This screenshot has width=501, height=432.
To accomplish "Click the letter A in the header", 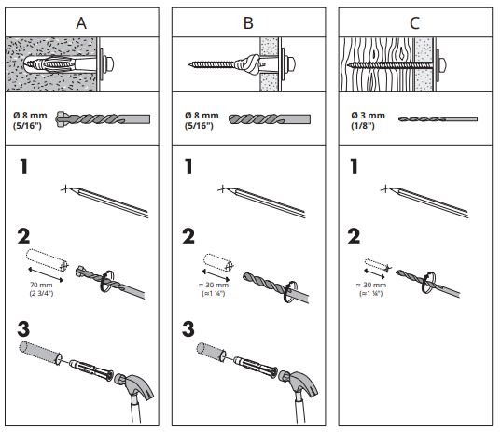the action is (81, 23).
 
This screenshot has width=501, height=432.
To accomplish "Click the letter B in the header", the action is (248, 23).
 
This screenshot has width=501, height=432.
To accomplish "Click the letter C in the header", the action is (414, 23).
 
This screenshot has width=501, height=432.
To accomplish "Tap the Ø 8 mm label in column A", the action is (30, 116).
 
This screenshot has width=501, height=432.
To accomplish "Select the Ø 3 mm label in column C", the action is (368, 116).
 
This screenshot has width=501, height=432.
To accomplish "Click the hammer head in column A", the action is (134, 384).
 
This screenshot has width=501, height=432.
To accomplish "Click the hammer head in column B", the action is (299, 384).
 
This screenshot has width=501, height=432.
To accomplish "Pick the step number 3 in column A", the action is (23, 329).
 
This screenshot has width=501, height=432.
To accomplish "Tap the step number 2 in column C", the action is (354, 236).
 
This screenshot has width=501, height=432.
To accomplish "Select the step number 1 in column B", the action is (188, 166).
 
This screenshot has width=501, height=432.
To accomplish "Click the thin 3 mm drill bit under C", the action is (438, 119).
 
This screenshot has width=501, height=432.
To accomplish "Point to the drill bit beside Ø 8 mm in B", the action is (270, 119).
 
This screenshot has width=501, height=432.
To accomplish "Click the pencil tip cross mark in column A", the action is (65, 189).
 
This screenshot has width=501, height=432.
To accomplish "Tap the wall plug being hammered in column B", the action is (256, 367).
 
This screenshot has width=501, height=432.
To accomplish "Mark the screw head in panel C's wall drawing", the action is (442, 64).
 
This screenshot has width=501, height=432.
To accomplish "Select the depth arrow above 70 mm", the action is (46, 275).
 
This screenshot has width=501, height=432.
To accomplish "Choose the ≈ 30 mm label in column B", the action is (214, 285).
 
